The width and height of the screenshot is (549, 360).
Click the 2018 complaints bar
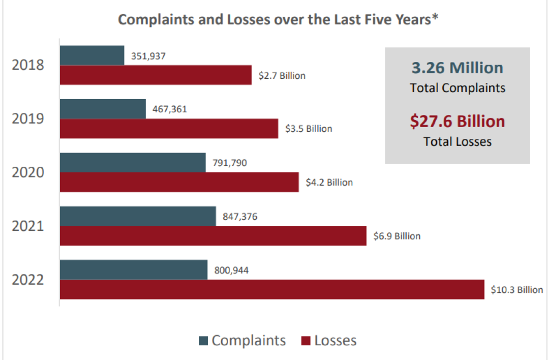[92, 55]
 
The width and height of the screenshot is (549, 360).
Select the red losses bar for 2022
[272, 289]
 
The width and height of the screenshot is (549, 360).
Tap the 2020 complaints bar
[133, 163]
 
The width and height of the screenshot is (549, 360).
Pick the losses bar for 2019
[169, 129]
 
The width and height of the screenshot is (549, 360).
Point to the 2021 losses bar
[213, 236]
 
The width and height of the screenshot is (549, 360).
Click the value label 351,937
[148, 56]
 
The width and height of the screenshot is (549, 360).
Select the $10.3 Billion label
[516, 290]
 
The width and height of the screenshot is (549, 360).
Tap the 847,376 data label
[240, 217]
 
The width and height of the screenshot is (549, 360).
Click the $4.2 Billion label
[329, 182]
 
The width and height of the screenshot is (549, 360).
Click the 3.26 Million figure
[457, 68]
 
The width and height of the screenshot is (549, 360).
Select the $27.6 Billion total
[457, 122]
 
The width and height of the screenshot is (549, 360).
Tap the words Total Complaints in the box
[457, 88]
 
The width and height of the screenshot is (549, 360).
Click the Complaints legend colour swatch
[203, 341]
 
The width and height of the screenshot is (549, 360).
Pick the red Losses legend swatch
[306, 341]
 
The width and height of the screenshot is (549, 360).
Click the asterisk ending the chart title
[436, 18]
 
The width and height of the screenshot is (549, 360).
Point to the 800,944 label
[231, 271]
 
